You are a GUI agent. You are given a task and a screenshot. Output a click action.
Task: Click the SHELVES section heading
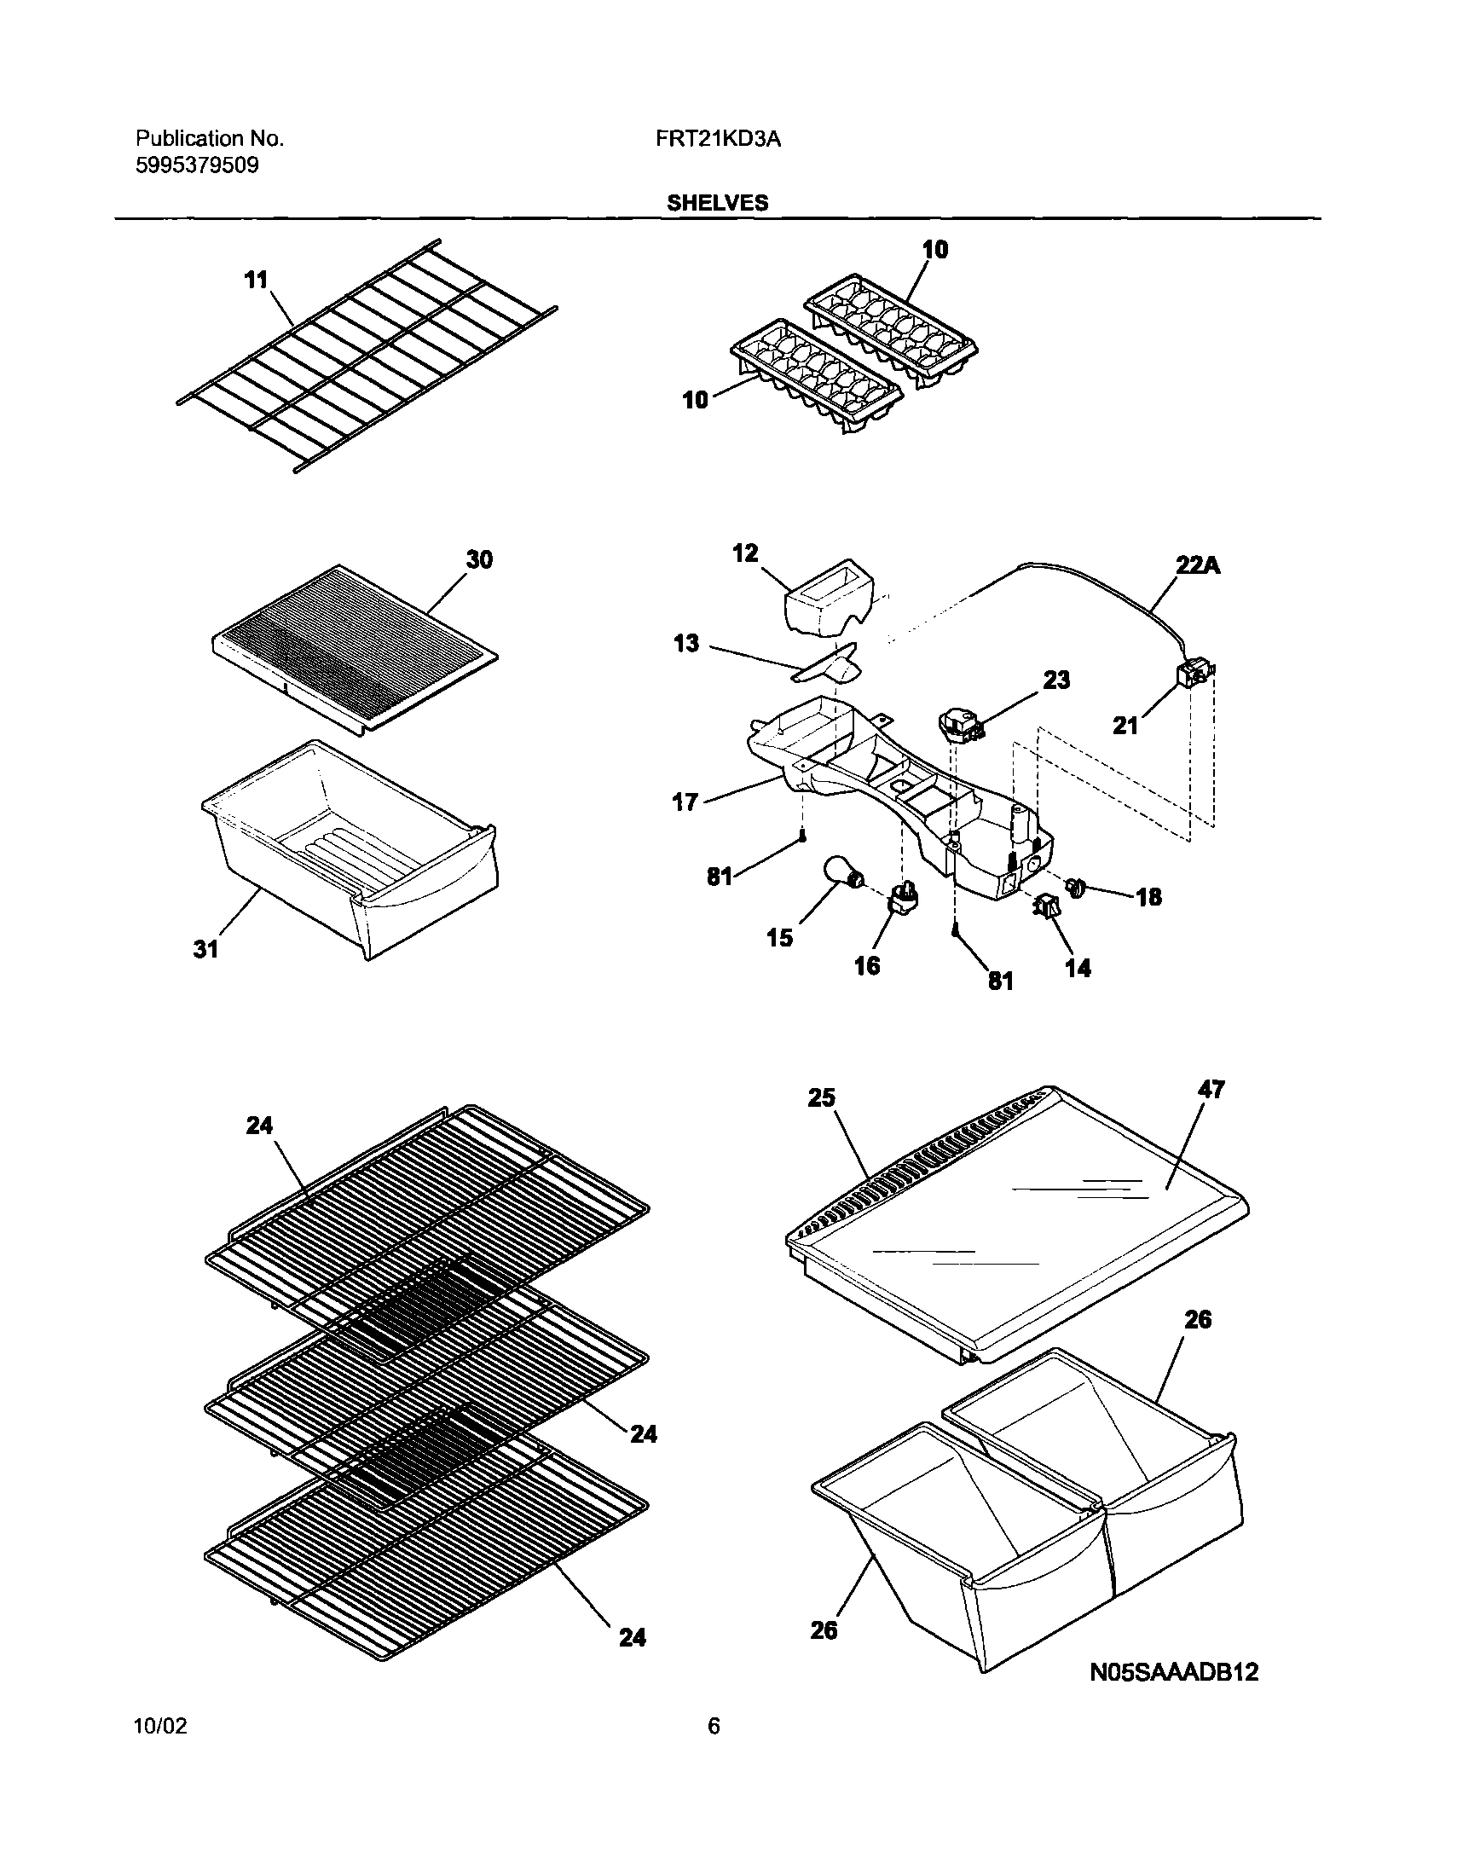[x=717, y=203]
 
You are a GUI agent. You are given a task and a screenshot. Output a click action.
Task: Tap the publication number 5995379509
[x=197, y=165]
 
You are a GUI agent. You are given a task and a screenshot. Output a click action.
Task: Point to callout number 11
[x=256, y=280]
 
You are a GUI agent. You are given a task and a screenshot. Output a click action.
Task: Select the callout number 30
[x=479, y=560]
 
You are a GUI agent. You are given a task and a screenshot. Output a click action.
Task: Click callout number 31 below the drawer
[x=205, y=949]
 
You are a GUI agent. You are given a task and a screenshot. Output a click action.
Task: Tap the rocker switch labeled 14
[x=1048, y=908]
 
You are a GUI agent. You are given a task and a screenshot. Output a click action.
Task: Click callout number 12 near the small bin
[x=745, y=553]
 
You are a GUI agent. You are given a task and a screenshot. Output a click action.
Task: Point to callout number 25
[x=821, y=1097]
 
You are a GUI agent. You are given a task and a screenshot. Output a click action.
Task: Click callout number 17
[x=685, y=802]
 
